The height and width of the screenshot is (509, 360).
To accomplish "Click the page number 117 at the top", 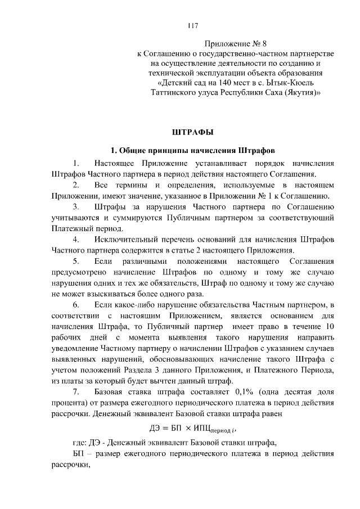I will [192, 25].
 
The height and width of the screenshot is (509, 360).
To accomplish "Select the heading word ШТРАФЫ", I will [192, 133].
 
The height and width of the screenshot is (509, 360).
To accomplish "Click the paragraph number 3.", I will [75, 208].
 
